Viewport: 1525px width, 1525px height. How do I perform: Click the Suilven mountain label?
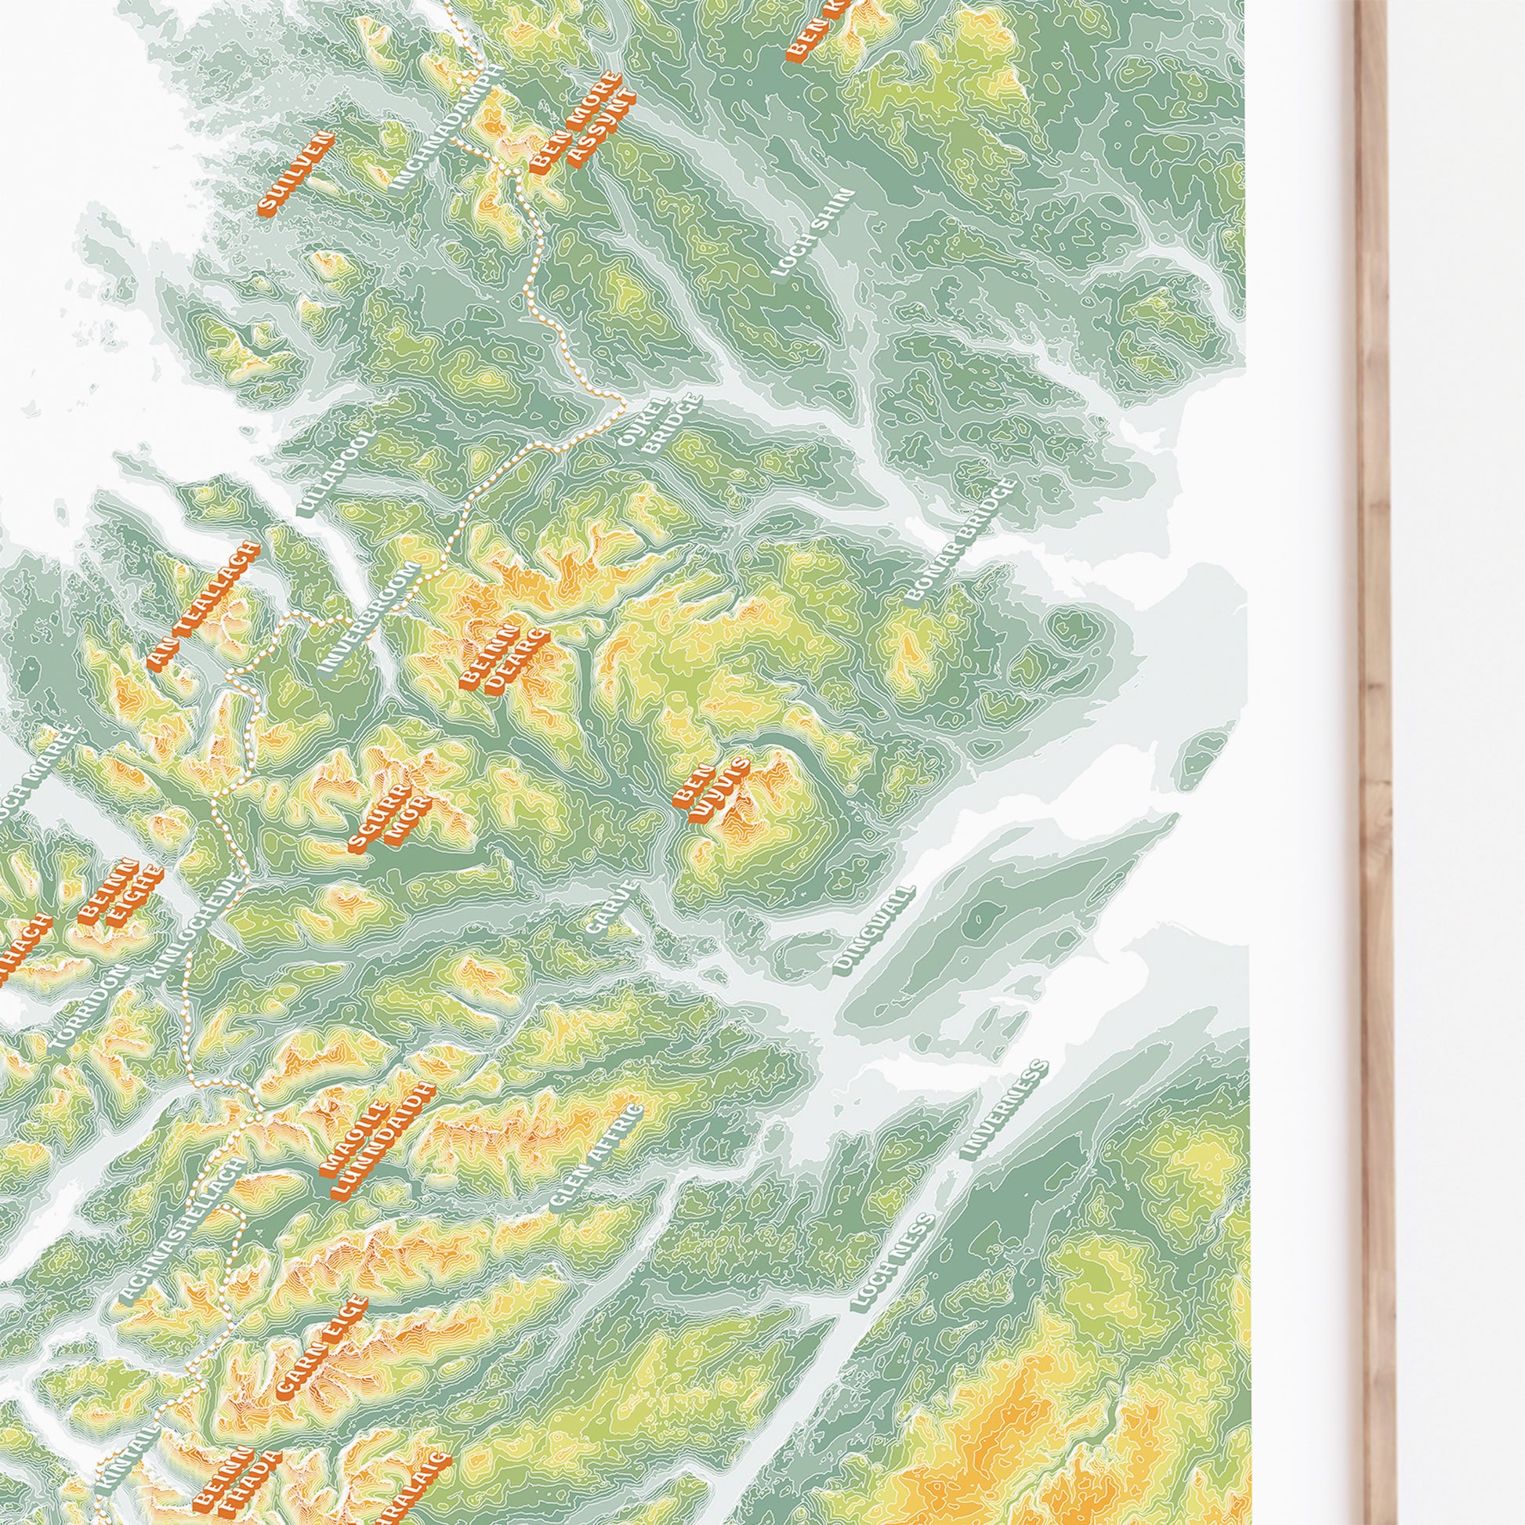coord(296,175)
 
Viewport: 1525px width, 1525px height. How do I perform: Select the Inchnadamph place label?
coord(446,129)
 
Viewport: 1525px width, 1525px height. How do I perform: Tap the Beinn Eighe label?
coord(121,894)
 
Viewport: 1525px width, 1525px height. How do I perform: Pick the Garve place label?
coord(612,907)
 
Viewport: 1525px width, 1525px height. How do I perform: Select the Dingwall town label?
coord(874,930)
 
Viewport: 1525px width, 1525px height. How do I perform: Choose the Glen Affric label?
coord(596,1168)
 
